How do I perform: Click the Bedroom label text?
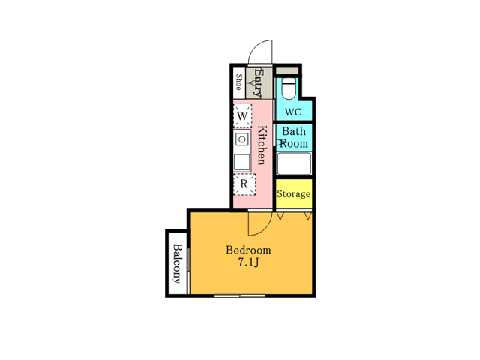click(248, 250)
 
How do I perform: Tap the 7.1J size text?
click(248, 262)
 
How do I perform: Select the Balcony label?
click(178, 263)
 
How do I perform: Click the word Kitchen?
click(262, 145)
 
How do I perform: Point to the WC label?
click(293, 112)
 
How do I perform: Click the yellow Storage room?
click(294, 193)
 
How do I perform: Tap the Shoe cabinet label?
click(239, 82)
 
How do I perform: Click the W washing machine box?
click(242, 115)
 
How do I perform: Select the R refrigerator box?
click(244, 184)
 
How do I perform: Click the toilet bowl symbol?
click(289, 88)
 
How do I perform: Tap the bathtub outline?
click(294, 163)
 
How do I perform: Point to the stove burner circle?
click(242, 140)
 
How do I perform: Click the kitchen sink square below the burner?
click(242, 162)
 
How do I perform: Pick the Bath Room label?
click(294, 137)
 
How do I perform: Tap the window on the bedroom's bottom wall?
click(240, 295)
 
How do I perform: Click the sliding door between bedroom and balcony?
click(188, 271)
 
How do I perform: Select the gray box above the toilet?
click(287, 70)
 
